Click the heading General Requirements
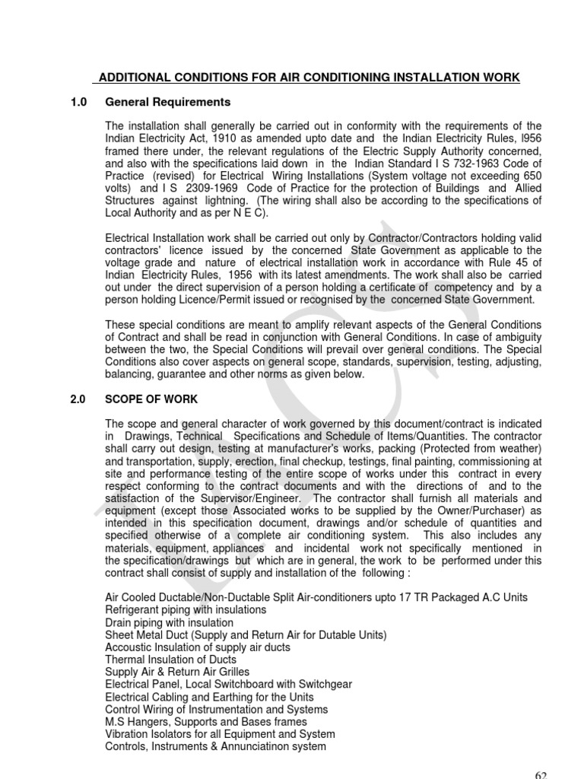167,102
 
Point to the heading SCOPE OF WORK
151,399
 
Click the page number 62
541,774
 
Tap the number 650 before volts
532,176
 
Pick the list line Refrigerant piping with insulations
186,610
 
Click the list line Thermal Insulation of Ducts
171,660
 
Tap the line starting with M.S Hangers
206,721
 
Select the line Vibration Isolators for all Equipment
220,734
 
